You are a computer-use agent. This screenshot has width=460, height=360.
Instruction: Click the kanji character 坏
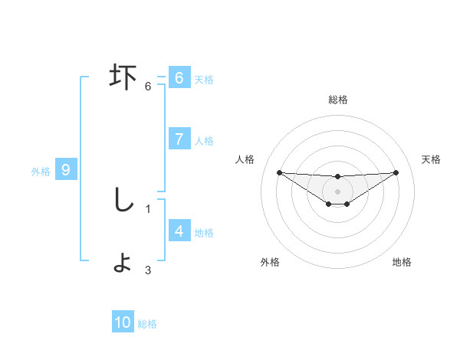pyautogui.click(x=123, y=77)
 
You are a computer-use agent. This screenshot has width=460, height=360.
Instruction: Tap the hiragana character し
pyautogui.click(x=123, y=201)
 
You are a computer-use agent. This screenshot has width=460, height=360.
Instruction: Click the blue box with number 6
pyautogui.click(x=179, y=78)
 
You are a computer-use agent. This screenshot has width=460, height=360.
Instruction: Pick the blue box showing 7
pyautogui.click(x=179, y=139)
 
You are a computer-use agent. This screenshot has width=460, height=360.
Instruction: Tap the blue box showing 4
pyautogui.click(x=179, y=231)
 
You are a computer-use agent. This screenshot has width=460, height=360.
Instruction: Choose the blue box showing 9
pyautogui.click(x=66, y=170)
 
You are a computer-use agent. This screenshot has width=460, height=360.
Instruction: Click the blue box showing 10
pyautogui.click(x=123, y=322)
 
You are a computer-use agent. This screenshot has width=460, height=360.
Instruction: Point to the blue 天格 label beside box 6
pyautogui.click(x=204, y=79)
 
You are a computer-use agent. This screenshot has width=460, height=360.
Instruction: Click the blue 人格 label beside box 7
pyautogui.click(x=204, y=140)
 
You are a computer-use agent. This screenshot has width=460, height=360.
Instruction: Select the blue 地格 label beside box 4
pyautogui.click(x=204, y=232)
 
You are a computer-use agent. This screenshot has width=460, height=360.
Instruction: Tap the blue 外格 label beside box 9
pyautogui.click(x=41, y=172)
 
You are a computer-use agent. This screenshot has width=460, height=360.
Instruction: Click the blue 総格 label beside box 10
pyautogui.click(x=147, y=324)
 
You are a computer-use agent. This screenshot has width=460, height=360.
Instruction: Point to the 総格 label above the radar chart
pyautogui.click(x=337, y=100)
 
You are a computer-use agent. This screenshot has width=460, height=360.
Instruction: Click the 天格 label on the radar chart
pyautogui.click(x=432, y=159)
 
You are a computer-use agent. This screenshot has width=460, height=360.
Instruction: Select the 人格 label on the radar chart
pyautogui.click(x=245, y=159)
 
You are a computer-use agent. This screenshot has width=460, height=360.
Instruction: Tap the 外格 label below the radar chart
pyautogui.click(x=270, y=262)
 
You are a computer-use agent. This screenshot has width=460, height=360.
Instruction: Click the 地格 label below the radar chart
pyautogui.click(x=402, y=262)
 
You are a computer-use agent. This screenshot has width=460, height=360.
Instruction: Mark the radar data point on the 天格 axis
pyautogui.click(x=396, y=172)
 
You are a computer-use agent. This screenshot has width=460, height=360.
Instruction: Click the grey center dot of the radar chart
pyautogui.click(x=337, y=191)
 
